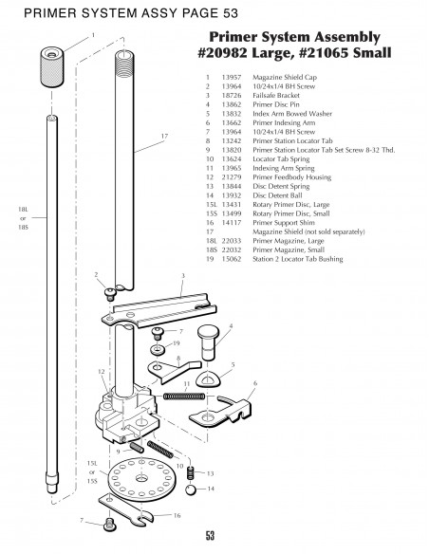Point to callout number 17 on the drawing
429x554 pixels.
(164, 138)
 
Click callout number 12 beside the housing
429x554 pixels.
(101, 371)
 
